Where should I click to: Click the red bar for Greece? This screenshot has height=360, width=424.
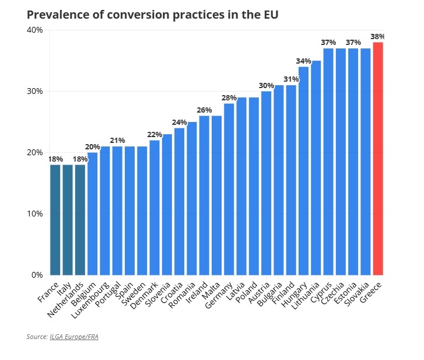[x=378, y=158]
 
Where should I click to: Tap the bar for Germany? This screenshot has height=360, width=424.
[x=229, y=188]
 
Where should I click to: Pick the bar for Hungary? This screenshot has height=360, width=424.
[x=304, y=170]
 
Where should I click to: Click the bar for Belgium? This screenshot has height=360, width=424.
[x=92, y=213]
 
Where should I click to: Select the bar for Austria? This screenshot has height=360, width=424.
[x=267, y=183]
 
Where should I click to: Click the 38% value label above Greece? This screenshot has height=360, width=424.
[x=378, y=36]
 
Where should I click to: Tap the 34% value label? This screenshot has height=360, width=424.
[x=303, y=61]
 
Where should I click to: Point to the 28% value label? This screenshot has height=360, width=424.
[x=229, y=97]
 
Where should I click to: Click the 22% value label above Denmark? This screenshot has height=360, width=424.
[x=155, y=134]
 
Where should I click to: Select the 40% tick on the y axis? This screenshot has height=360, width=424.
[x=35, y=30]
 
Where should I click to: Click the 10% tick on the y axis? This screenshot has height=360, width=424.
[x=35, y=214]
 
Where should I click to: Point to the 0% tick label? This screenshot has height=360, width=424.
[x=37, y=275]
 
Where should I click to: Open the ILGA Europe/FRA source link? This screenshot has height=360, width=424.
[x=74, y=337]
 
